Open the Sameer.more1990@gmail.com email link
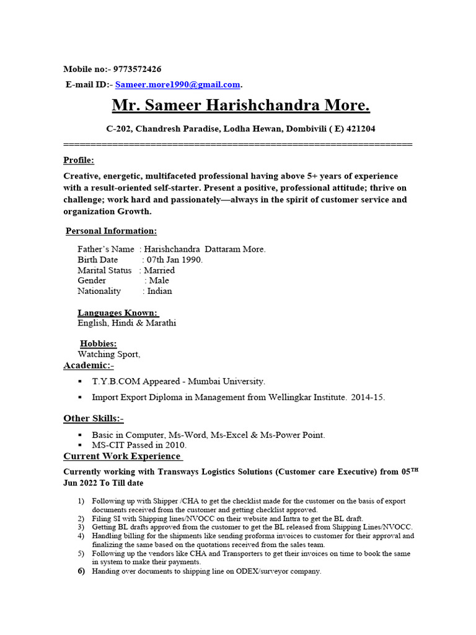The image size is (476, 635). (177, 84)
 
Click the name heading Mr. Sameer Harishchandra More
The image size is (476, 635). (240, 106)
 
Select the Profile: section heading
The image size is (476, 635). (78, 160)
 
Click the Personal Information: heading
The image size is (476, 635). (112, 231)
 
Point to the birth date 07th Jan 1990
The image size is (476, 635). (174, 260)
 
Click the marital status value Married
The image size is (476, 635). (159, 270)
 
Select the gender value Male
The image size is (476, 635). (159, 281)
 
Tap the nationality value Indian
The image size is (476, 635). (159, 291)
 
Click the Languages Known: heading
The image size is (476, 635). (118, 313)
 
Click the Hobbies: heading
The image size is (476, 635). (98, 344)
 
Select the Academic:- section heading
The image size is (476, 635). (89, 365)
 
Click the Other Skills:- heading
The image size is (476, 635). (93, 419)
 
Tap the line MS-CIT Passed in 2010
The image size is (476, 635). (139, 445)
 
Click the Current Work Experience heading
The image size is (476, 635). (123, 456)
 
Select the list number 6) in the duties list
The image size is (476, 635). (81, 571)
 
